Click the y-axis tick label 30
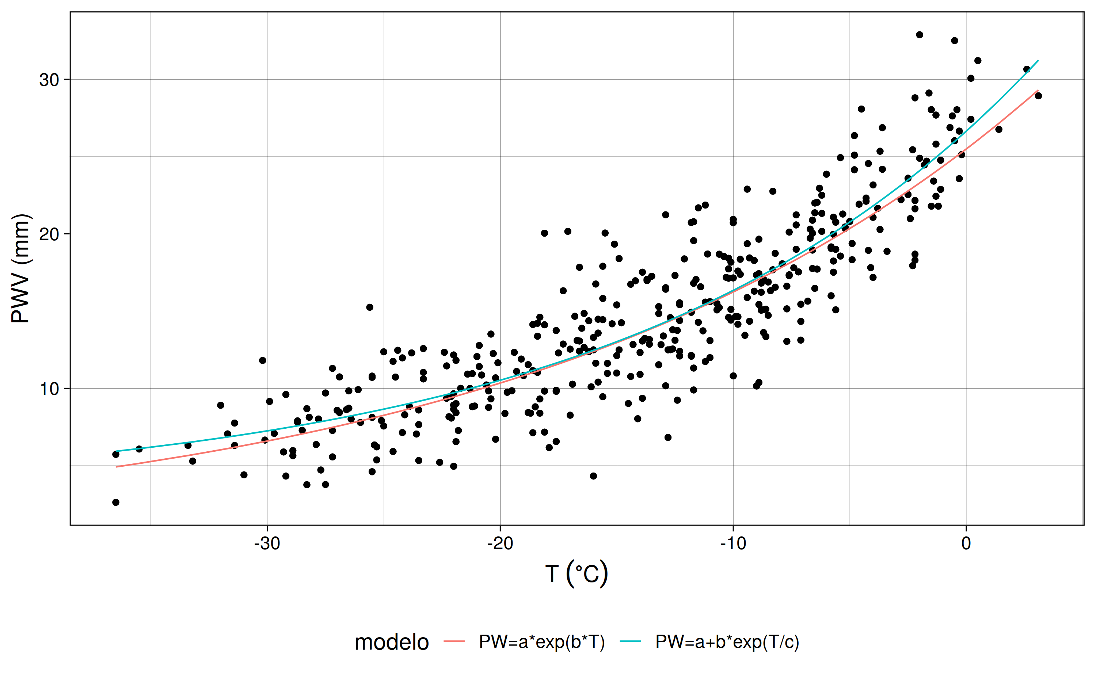tap(49, 80)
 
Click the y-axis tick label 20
tap(49, 234)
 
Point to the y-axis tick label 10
tap(49, 389)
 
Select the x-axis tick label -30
tap(267, 544)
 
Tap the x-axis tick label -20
tap(500, 544)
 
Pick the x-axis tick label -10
tap(733, 544)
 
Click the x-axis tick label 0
tap(966, 544)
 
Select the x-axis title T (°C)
tap(576, 574)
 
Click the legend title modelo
tap(392, 642)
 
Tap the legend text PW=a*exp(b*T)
tap(541, 642)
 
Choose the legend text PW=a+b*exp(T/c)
tap(727, 642)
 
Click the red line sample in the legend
tap(454, 642)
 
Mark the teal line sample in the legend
tap(631, 642)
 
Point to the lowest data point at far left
tap(115, 502)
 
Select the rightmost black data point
tap(1038, 96)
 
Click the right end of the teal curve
tap(1038, 61)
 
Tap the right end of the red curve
tap(1038, 91)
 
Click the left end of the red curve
tap(117, 467)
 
